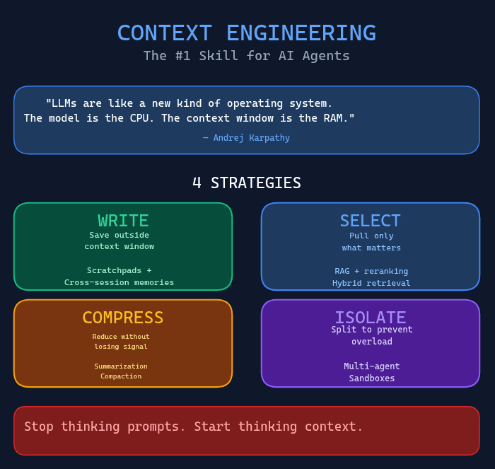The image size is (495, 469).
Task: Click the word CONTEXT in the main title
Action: [164, 33]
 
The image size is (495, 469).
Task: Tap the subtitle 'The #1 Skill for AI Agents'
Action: [246, 56]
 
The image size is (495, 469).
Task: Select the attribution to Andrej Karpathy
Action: [246, 138]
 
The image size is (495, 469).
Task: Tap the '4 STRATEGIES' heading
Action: [246, 183]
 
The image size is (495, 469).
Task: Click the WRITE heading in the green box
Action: [123, 221]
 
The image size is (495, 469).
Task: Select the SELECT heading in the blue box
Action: [370, 221]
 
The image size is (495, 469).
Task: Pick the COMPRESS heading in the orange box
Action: [123, 318]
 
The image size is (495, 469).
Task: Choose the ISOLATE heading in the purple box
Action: [370, 318]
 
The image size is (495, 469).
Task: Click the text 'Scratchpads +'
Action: [119, 270]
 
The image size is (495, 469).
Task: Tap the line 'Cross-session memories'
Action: [119, 282]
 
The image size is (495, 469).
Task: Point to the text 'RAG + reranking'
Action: [371, 271]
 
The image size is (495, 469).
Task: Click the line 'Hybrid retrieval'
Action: [371, 283]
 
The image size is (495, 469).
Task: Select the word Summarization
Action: [121, 366]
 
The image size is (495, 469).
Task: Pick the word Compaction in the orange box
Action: [121, 376]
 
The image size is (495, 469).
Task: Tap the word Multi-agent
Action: [372, 366]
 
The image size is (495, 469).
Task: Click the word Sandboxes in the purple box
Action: [372, 378]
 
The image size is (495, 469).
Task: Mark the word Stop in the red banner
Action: [38, 427]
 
